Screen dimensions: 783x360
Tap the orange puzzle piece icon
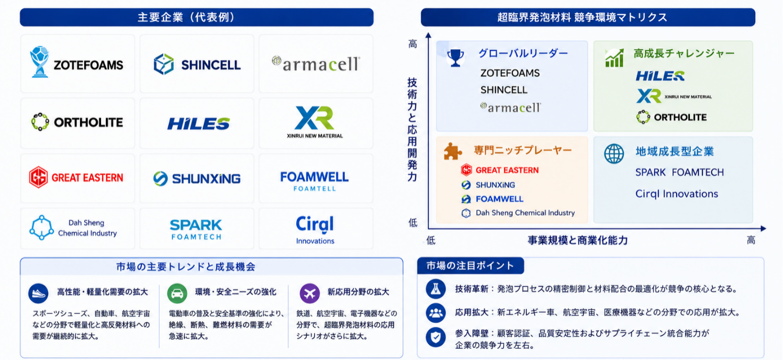[453, 151]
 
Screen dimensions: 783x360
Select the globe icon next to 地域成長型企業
[614, 153]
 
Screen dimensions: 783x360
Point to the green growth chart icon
[614, 58]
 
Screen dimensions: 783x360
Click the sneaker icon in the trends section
[38, 293]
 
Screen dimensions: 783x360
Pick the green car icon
[177, 293]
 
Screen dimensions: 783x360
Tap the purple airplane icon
[310, 293]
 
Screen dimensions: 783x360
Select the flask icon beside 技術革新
[435, 289]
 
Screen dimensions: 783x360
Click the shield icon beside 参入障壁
[435, 337]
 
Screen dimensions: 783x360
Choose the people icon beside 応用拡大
[435, 312]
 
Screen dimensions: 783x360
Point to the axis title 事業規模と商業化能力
[577, 241]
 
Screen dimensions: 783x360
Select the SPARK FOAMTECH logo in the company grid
[196, 229]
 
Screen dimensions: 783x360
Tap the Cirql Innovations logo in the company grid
[315, 230]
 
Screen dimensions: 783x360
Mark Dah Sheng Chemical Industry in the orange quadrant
[525, 213]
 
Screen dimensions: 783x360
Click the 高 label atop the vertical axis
[412, 44]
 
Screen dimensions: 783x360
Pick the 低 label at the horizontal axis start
[431, 241]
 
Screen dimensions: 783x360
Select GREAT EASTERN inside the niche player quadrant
[507, 170]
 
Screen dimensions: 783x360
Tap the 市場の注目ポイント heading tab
[471, 266]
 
